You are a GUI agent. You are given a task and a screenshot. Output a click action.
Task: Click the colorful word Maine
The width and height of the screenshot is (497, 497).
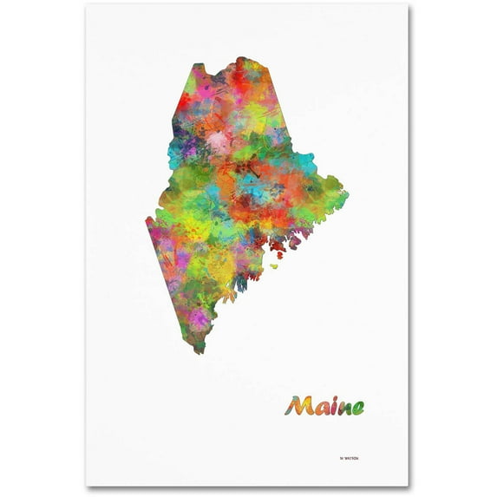(327, 405)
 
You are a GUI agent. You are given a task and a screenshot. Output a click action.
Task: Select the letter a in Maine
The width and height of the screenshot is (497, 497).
(320, 407)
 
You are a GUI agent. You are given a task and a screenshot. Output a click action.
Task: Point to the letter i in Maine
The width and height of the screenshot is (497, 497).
(332, 405)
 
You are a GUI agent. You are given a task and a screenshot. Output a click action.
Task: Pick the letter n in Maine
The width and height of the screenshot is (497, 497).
(343, 407)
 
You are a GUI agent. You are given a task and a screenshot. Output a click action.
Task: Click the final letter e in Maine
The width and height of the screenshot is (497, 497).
(357, 407)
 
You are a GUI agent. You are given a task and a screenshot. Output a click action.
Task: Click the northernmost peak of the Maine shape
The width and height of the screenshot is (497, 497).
(239, 59)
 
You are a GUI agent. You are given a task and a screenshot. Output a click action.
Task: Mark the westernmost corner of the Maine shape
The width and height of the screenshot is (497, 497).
(147, 222)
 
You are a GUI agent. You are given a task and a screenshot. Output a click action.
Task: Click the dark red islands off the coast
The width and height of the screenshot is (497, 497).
(277, 247)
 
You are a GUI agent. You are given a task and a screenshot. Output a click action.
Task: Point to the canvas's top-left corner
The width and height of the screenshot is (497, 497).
(87, 4)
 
